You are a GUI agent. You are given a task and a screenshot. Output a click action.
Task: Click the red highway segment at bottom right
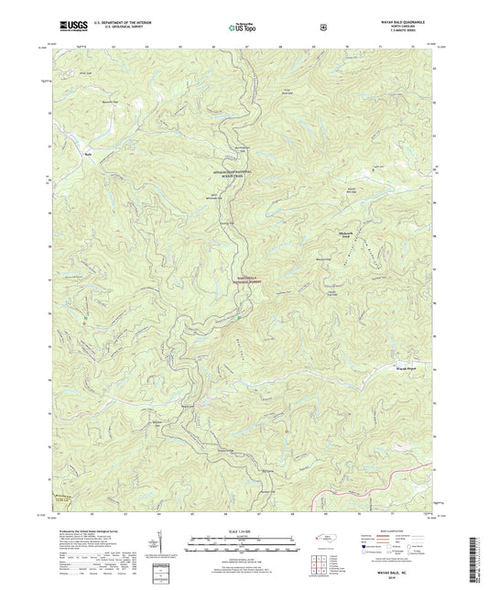point(366,497)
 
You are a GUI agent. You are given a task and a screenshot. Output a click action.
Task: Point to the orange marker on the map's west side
point(85,318)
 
